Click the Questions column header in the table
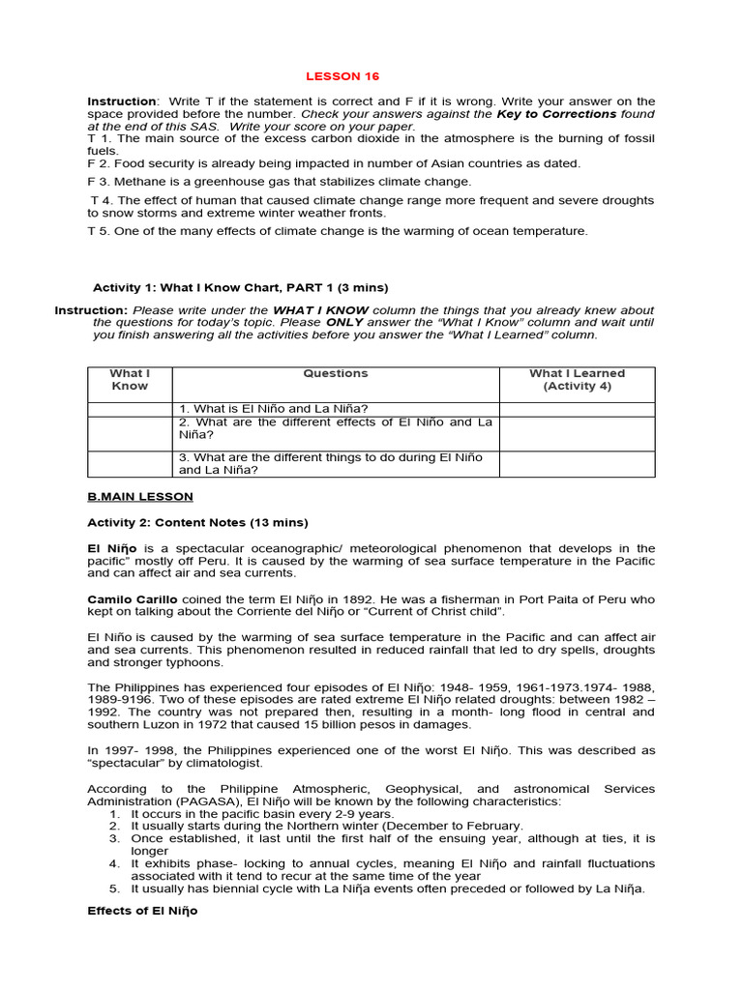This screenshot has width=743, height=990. pos(336,373)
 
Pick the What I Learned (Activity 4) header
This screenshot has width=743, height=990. pos(577,380)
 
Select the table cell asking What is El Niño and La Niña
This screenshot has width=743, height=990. pos(274,409)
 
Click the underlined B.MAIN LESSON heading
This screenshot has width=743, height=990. pos(140,497)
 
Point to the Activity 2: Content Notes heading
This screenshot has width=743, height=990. pos(197,523)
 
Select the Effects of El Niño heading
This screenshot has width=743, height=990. pos(142,911)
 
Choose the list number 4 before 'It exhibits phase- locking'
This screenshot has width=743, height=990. pos(114,863)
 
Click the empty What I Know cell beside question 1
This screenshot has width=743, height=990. pos(130,409)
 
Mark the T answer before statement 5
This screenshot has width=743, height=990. pos(91,231)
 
